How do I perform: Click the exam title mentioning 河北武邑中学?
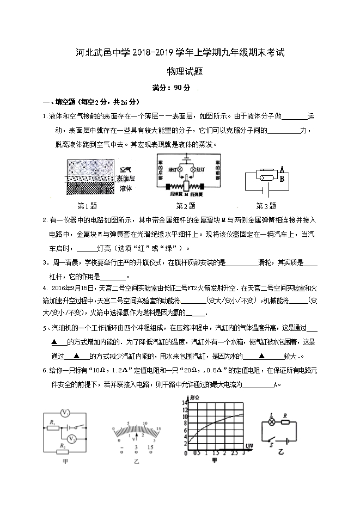pyautogui.click(x=180, y=54)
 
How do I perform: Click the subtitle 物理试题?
pyautogui.click(x=180, y=71)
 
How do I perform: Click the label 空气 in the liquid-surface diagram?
pyautogui.click(x=126, y=169)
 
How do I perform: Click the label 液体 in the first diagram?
pyautogui.click(x=126, y=188)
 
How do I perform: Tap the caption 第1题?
pyautogui.click(x=87, y=206)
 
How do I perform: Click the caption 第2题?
pyautogui.click(x=185, y=206)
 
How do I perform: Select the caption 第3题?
pyautogui.click(x=266, y=206)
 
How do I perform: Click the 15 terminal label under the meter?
pyautogui.click(x=150, y=448)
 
